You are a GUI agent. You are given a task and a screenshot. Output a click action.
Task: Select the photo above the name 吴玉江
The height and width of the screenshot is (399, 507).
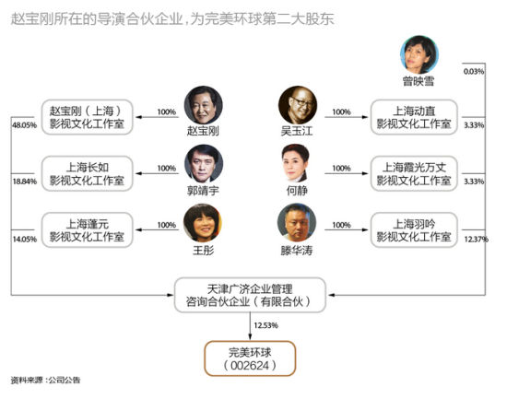[296, 106]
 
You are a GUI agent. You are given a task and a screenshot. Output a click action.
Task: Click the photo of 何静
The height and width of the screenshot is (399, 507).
[296, 164]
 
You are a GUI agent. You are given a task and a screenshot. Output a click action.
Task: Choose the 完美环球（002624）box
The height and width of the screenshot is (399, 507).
[250, 358]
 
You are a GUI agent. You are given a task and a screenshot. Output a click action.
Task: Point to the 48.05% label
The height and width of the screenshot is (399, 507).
[22, 123]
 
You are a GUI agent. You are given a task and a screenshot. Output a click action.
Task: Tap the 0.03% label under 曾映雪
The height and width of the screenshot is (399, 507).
[473, 71]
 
